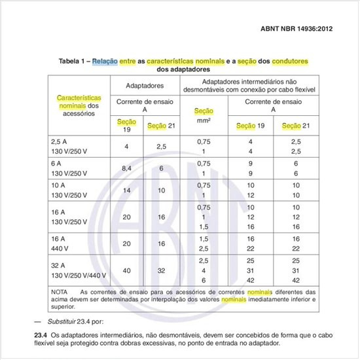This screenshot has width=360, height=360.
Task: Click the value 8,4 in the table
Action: point(127,168)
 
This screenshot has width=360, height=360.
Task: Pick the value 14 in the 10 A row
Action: point(127,190)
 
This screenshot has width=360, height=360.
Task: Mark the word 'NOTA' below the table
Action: point(60,291)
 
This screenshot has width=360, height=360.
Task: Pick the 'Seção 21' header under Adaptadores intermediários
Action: point(289,125)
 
